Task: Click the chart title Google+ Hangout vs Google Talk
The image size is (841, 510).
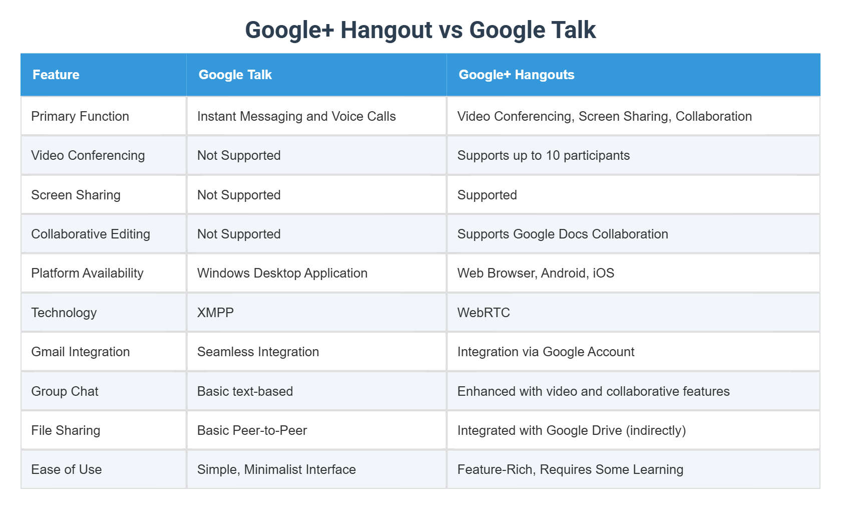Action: tap(420, 30)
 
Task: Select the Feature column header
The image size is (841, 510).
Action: tap(56, 75)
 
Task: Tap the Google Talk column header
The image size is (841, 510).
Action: tap(235, 75)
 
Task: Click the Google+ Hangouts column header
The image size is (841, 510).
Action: tap(516, 75)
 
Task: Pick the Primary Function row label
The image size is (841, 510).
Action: tap(80, 116)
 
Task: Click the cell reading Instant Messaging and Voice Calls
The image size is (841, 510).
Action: tap(296, 116)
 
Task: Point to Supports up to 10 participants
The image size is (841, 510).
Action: tap(543, 155)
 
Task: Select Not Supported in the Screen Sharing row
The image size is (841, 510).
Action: tap(239, 195)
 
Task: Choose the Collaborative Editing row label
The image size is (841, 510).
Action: tap(91, 234)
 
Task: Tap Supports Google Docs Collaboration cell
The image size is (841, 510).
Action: tap(563, 234)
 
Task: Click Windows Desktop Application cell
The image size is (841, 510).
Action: tap(282, 273)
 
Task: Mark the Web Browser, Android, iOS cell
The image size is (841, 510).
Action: tap(536, 273)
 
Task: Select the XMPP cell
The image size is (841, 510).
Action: tap(215, 313)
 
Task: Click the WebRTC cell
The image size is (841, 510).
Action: tap(484, 313)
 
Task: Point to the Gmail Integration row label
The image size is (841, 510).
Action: tap(81, 352)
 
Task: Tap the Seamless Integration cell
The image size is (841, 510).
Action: tap(258, 352)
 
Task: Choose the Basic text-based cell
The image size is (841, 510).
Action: tap(245, 391)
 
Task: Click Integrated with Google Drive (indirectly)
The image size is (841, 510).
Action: tap(571, 430)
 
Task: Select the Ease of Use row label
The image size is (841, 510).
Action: tap(67, 469)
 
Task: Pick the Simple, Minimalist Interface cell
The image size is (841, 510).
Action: tap(276, 469)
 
